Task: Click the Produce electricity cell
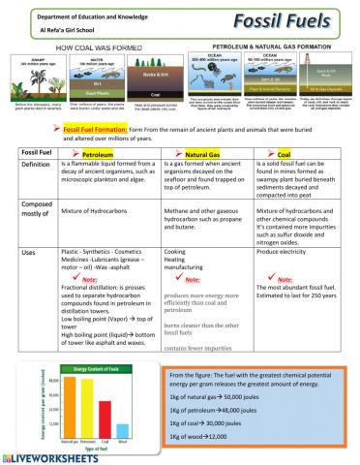click(288, 251)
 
